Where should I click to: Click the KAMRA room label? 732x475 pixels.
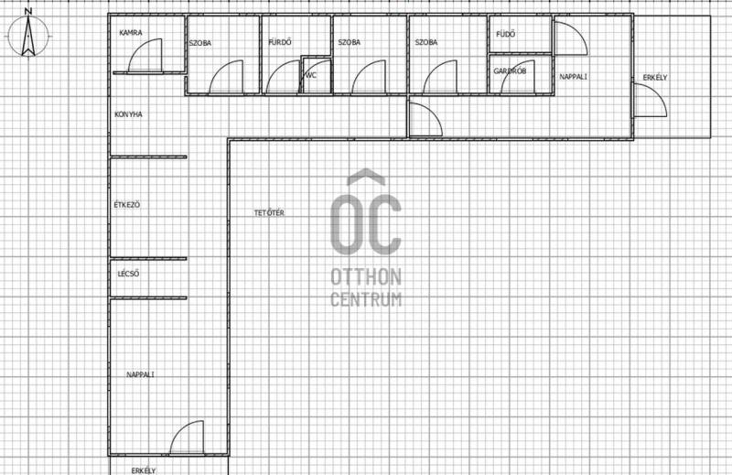[131, 33]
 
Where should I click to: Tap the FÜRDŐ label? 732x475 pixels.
[280, 42]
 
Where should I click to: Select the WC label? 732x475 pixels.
[311, 75]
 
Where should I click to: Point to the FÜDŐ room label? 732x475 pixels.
[506, 34]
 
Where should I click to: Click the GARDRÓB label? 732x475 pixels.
[510, 71]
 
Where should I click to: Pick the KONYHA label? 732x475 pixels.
[128, 114]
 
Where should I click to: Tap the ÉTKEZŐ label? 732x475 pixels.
[127, 205]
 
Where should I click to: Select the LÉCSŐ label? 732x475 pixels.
[128, 274]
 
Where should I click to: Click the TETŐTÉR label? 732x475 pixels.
[269, 212]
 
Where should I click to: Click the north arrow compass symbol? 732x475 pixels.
[28, 36]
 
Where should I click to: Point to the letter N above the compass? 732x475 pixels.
[28, 11]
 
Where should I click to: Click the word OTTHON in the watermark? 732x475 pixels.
[366, 277]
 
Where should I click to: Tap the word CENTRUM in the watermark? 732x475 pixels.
[366, 299]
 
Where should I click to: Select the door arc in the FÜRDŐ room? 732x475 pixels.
[274, 70]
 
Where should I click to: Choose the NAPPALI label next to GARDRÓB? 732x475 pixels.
[574, 77]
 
